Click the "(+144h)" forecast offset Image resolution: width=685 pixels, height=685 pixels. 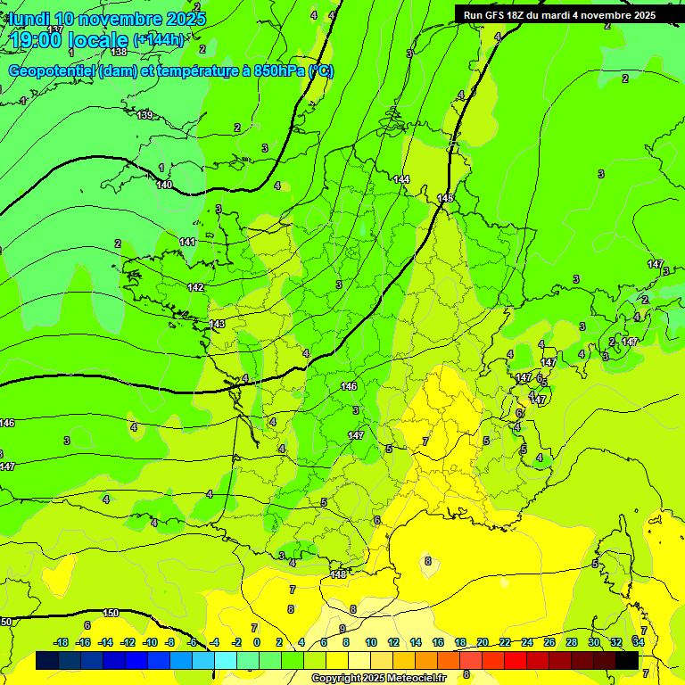159,40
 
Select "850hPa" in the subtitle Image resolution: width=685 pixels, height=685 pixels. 276,71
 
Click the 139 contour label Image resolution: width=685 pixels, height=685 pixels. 145,115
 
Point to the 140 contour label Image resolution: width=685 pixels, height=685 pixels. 164,185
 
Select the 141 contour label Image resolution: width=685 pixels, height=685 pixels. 187,242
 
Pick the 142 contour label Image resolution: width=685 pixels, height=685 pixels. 196,287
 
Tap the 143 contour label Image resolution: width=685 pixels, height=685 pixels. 217,323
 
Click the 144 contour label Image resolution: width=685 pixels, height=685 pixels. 401,179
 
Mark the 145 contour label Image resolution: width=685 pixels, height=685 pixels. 445,197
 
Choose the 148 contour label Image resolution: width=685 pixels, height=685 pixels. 338,574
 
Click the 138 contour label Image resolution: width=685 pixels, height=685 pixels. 119,53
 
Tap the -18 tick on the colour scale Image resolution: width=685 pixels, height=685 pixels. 61,642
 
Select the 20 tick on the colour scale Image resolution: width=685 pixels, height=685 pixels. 483,642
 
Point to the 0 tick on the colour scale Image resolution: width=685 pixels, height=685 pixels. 256,642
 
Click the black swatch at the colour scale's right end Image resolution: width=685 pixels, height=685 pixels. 627,660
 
